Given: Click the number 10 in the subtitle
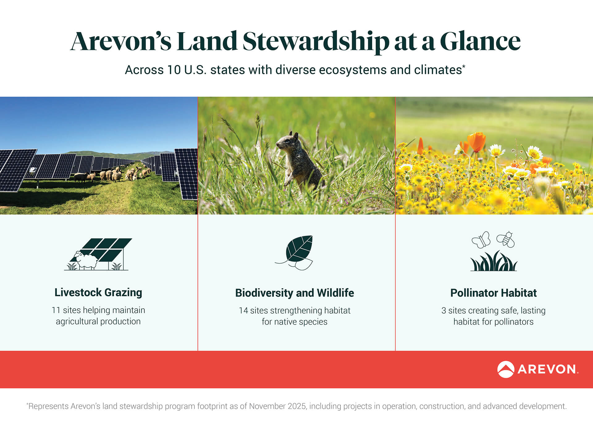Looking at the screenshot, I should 174,70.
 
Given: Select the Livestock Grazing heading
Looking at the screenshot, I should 98,292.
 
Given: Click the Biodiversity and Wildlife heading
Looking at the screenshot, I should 295,293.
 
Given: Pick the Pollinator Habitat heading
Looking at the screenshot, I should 493,293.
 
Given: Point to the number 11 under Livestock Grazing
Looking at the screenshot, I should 56,310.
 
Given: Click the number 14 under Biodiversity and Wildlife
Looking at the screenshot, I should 243,311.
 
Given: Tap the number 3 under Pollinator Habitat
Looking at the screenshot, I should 444,311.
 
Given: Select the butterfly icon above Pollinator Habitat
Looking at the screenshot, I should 481,240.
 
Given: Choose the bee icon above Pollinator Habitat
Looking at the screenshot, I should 506,239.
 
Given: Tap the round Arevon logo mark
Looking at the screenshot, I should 506,369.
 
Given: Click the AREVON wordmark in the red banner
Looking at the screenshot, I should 547,369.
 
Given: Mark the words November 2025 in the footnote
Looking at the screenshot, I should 278,406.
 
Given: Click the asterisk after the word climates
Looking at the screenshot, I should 464,66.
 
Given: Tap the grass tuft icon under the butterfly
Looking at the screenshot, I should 493,262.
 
